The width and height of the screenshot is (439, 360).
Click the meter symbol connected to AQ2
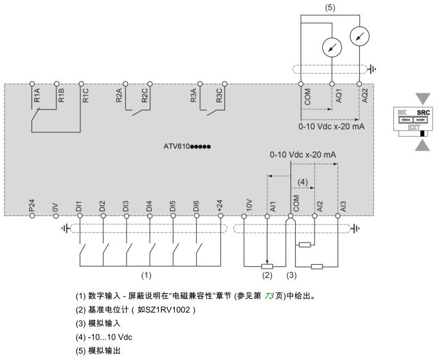358,37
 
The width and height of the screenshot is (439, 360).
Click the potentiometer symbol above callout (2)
268,264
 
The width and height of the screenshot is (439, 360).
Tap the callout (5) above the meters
330,7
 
